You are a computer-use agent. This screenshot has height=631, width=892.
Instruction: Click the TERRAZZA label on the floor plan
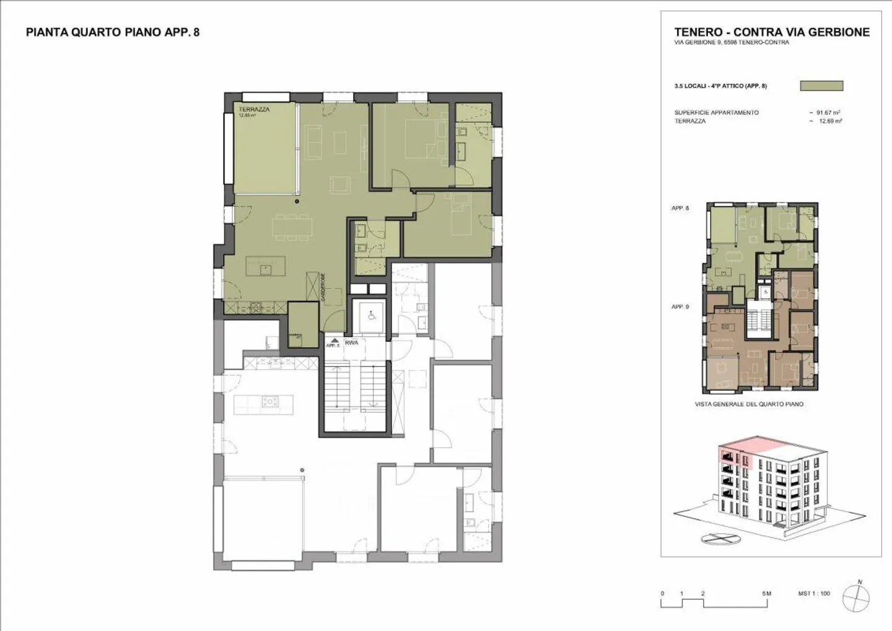click(x=254, y=109)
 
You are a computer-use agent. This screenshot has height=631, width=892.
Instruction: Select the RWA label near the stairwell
click(x=352, y=342)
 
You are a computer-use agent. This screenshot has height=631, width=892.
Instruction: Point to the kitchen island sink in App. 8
click(x=265, y=268)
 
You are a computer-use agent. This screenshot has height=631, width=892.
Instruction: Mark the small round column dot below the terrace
click(x=297, y=201)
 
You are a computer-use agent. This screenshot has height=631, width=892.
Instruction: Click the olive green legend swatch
click(x=821, y=86)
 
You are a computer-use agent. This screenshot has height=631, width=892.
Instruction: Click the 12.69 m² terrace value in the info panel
click(x=829, y=121)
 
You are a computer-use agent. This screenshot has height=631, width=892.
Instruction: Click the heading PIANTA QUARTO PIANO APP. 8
click(x=112, y=32)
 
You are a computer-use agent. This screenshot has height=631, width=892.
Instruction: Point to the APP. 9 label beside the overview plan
click(x=680, y=307)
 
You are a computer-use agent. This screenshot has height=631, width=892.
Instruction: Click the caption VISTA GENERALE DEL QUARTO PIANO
click(x=749, y=404)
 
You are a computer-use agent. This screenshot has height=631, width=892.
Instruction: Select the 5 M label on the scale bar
click(x=766, y=594)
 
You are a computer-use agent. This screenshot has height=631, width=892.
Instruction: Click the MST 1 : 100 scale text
click(x=814, y=594)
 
